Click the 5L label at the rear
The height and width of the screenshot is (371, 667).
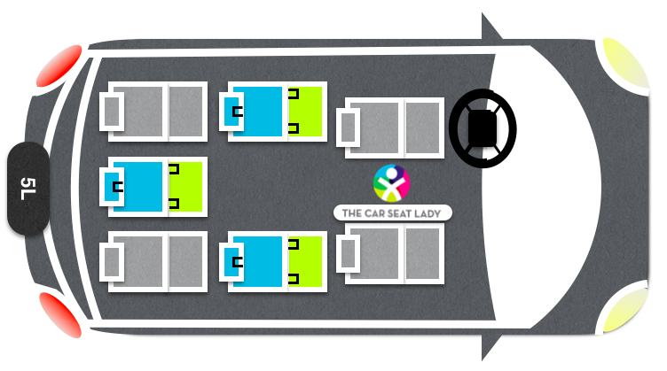[28, 189]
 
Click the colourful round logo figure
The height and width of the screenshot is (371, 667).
[391, 183]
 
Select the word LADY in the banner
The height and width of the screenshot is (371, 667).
[428, 213]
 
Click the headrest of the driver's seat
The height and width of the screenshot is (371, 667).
[348, 128]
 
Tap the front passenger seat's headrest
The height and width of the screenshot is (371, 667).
[348, 253]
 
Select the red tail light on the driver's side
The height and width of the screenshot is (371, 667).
[59, 66]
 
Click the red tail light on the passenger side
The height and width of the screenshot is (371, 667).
[60, 314]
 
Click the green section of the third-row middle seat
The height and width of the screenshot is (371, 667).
[185, 187]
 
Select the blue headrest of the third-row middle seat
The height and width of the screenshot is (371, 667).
[112, 187]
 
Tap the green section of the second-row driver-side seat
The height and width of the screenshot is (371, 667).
[305, 112]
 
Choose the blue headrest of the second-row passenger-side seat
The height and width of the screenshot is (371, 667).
[231, 262]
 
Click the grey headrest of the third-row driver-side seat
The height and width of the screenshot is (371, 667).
[112, 112]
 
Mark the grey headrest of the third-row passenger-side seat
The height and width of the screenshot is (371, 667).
[112, 262]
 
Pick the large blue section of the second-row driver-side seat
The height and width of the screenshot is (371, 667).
[257, 112]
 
